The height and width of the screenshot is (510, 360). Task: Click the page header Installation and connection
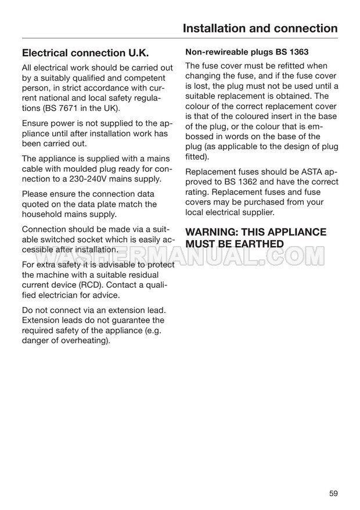(260, 28)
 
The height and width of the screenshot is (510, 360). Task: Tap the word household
(45, 215)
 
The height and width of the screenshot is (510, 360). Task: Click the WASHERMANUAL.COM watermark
(180, 255)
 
